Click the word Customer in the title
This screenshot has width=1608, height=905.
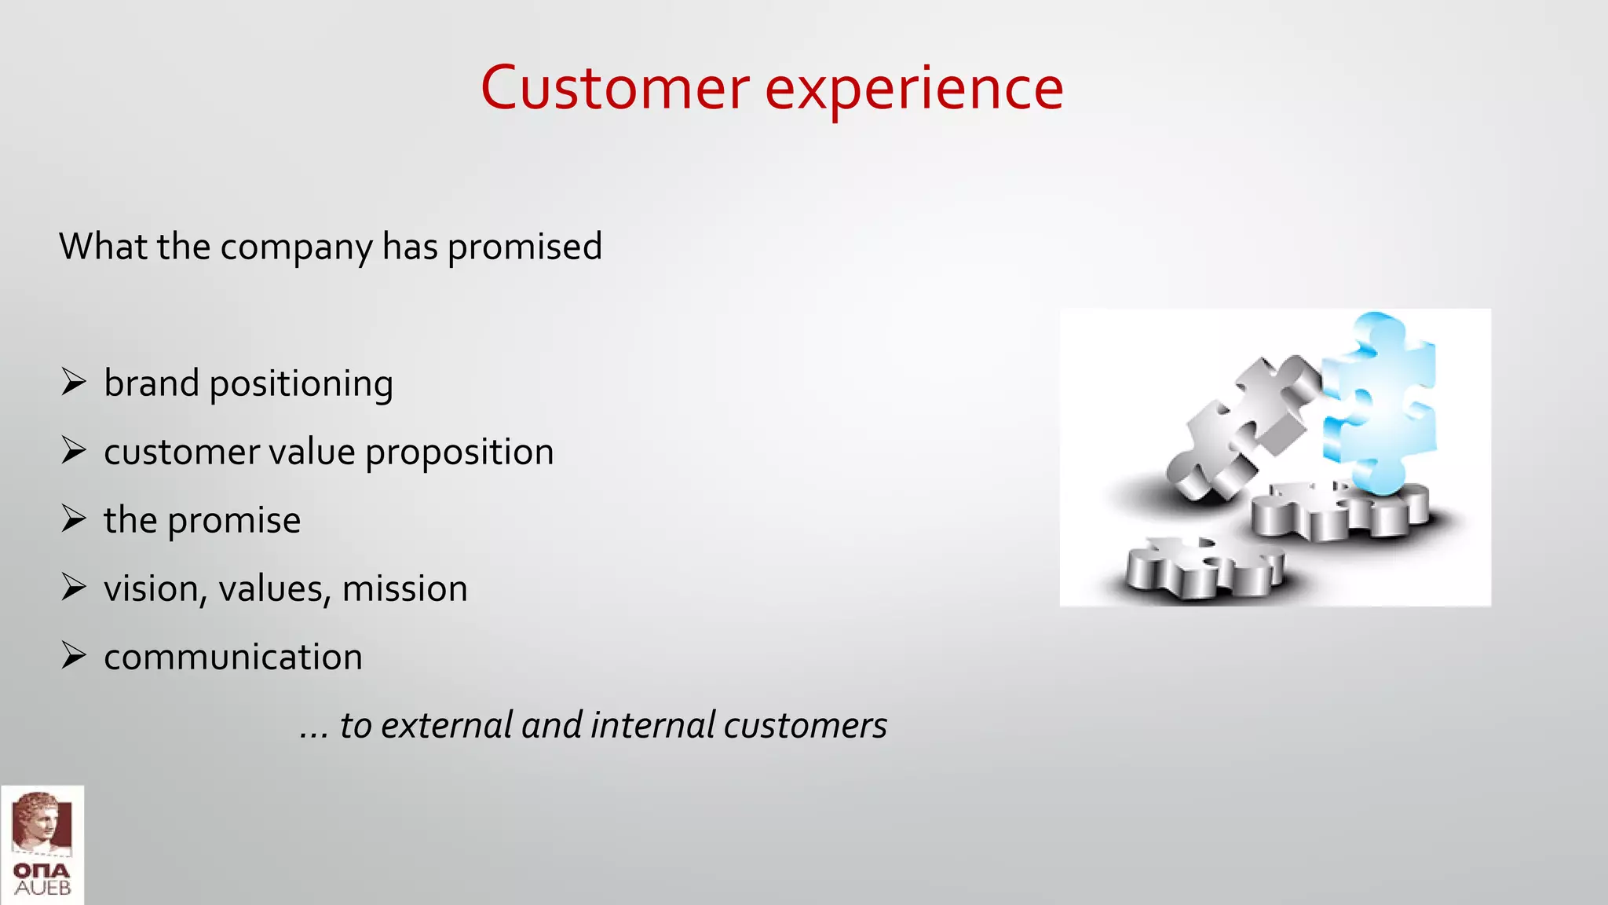[615, 89]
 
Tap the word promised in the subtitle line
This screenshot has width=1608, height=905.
[524, 247]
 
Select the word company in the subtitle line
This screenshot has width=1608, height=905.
[296, 247]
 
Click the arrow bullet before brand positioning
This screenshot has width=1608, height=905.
[74, 383]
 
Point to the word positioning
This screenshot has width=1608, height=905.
[301, 385]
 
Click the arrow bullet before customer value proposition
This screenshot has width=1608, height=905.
[74, 451]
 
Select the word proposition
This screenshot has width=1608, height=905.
[459, 453]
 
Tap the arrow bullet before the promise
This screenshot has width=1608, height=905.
[74, 519]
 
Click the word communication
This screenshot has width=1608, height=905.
[233, 658]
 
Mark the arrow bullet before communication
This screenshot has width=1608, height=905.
[74, 656]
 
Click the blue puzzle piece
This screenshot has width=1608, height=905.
[1380, 401]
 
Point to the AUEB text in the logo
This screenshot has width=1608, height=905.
[42, 889]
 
